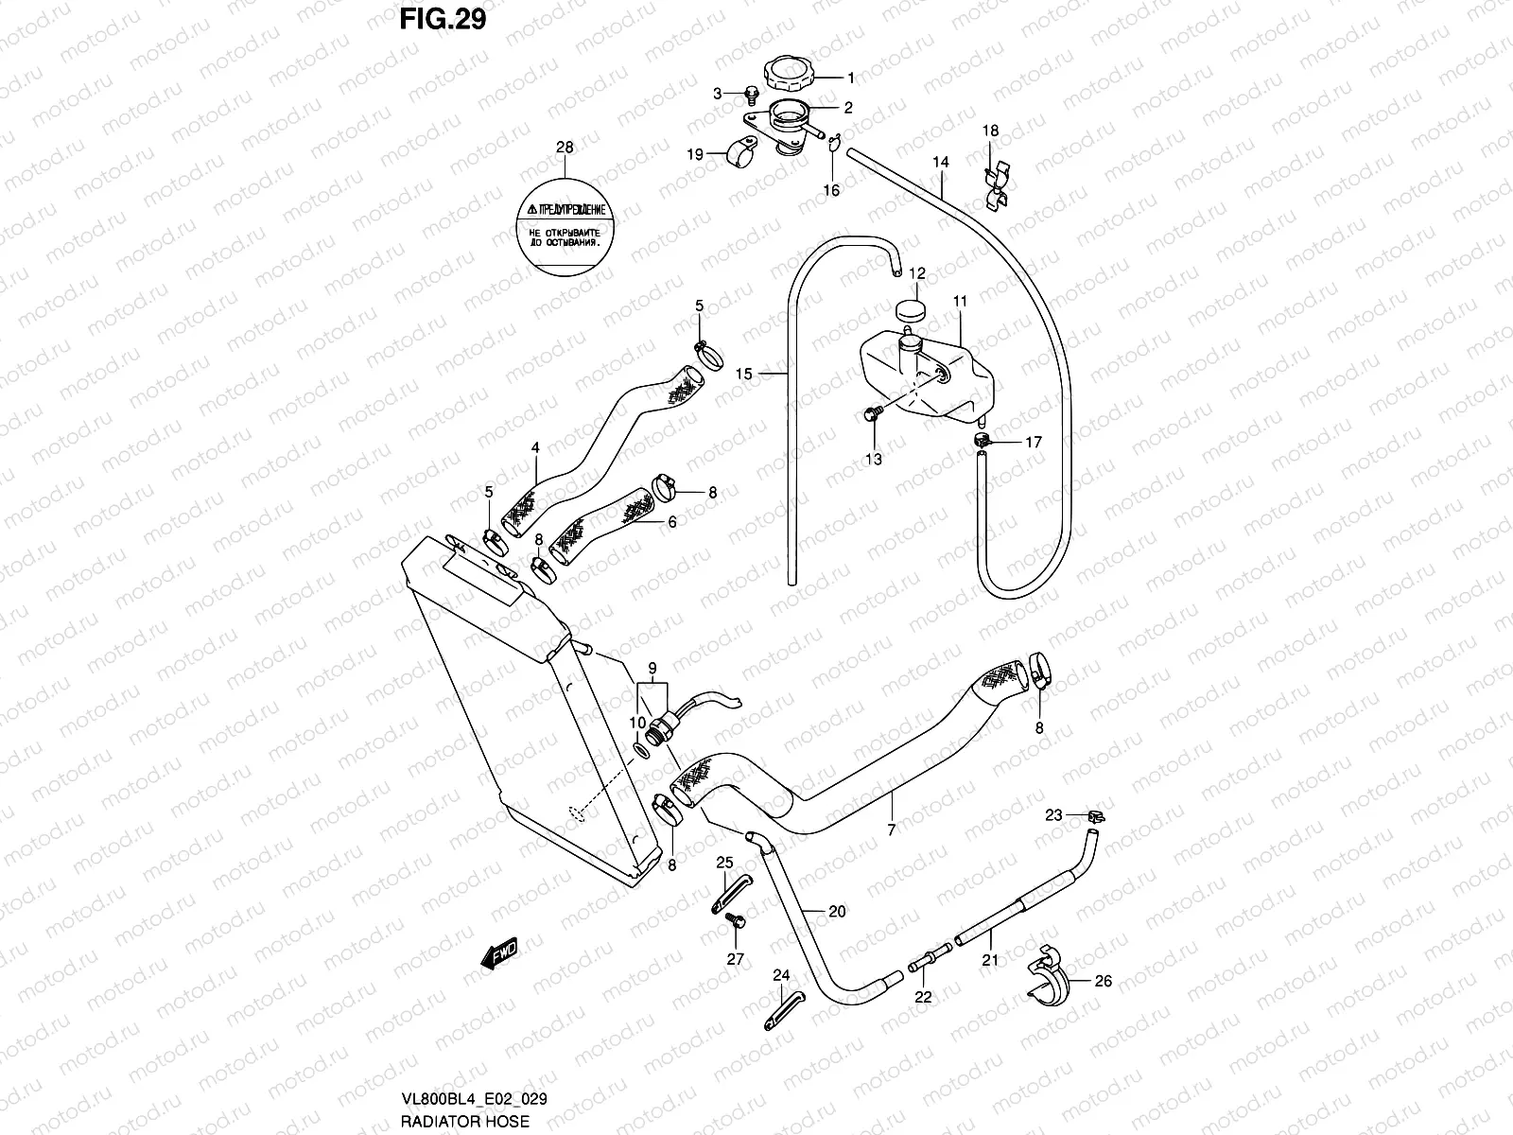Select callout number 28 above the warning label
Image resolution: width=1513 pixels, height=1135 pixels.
click(x=565, y=148)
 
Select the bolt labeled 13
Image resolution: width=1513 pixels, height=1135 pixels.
click(x=871, y=414)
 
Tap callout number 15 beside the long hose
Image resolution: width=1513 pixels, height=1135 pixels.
click(x=743, y=375)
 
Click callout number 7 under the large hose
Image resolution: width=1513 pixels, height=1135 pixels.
click(x=891, y=829)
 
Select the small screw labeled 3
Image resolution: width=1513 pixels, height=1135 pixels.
click(x=751, y=93)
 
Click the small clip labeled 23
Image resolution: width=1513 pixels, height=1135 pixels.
click(x=1097, y=816)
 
